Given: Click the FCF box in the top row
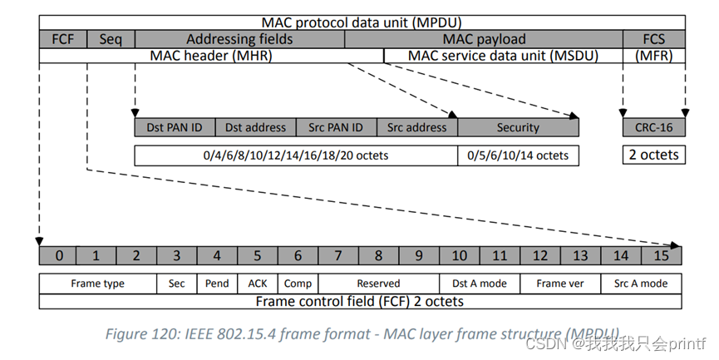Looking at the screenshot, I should click(x=63, y=39).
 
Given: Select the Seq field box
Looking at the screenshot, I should click(x=111, y=39).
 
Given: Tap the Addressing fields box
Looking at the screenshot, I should click(x=239, y=39).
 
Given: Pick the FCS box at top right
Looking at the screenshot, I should click(x=653, y=39).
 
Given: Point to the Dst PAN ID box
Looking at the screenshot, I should click(x=175, y=127).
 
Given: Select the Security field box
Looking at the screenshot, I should click(x=518, y=127).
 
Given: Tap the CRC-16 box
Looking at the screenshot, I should click(x=653, y=127).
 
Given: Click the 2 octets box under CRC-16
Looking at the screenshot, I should click(x=653, y=155).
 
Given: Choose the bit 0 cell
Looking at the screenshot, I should click(x=59, y=256).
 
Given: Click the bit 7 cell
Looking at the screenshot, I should click(x=338, y=256).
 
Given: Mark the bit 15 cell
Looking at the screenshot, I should click(x=661, y=256).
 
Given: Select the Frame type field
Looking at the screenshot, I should click(x=98, y=284).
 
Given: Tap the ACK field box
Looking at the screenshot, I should click(x=258, y=284).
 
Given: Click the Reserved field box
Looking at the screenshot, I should click(x=378, y=284).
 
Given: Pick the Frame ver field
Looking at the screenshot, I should click(x=560, y=284).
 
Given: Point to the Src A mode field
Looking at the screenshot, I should click(x=640, y=284).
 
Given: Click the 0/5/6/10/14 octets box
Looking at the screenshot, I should click(x=518, y=155).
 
